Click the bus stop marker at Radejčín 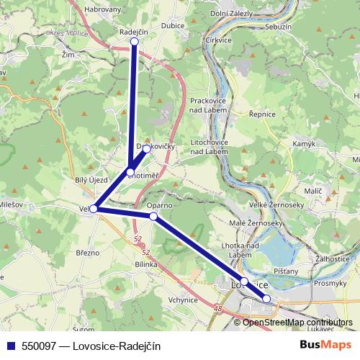(134, 42)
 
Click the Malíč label (312, 190)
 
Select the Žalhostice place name (333, 257)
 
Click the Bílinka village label (145, 264)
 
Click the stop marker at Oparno (153, 216)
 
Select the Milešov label (10, 205)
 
